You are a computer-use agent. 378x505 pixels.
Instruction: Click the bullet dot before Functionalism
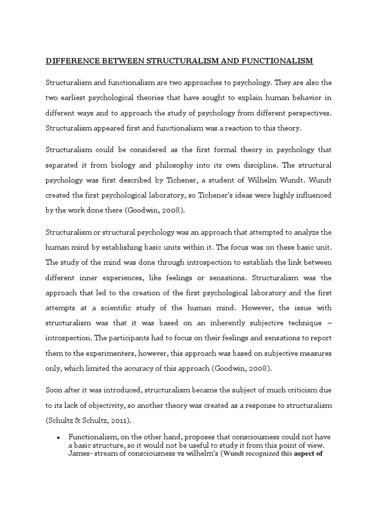click(x=59, y=438)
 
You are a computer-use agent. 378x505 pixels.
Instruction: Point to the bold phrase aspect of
click(x=308, y=454)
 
